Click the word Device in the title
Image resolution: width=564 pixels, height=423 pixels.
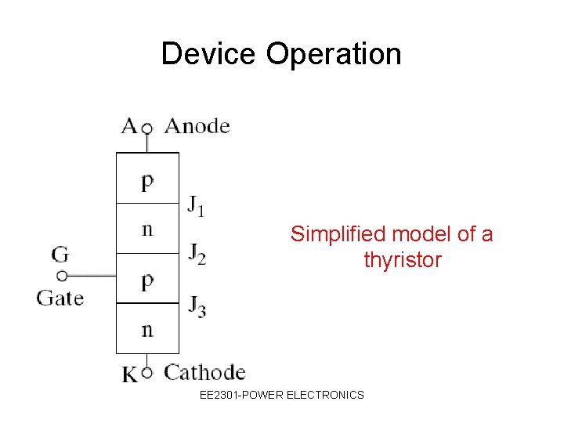coord(209,54)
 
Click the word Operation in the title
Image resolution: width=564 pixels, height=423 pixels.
coord(334,54)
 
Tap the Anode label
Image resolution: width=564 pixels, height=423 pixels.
coord(197,126)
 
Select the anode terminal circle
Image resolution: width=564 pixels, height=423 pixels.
coord(146,128)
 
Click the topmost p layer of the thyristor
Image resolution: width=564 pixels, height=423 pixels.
coord(147,180)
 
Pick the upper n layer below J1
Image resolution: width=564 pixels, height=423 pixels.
coord(147,230)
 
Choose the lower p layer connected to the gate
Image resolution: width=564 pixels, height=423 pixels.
coord(147,280)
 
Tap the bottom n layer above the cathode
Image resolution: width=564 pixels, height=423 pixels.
coord(147,329)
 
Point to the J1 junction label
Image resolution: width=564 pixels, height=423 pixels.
coord(196,205)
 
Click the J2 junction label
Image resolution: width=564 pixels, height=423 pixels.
coord(197,254)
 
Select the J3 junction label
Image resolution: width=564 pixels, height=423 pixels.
coord(197,305)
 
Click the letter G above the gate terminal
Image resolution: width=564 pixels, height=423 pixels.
coord(61,254)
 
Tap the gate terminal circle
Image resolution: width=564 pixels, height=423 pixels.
coord(62,276)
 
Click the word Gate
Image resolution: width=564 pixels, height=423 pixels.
coord(60,298)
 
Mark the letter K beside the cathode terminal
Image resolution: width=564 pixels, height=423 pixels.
coord(130,374)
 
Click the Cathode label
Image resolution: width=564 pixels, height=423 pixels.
coord(204,372)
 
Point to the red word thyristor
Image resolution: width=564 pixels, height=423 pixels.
coord(402,260)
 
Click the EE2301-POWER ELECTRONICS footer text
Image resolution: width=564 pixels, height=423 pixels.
coord(282,395)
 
